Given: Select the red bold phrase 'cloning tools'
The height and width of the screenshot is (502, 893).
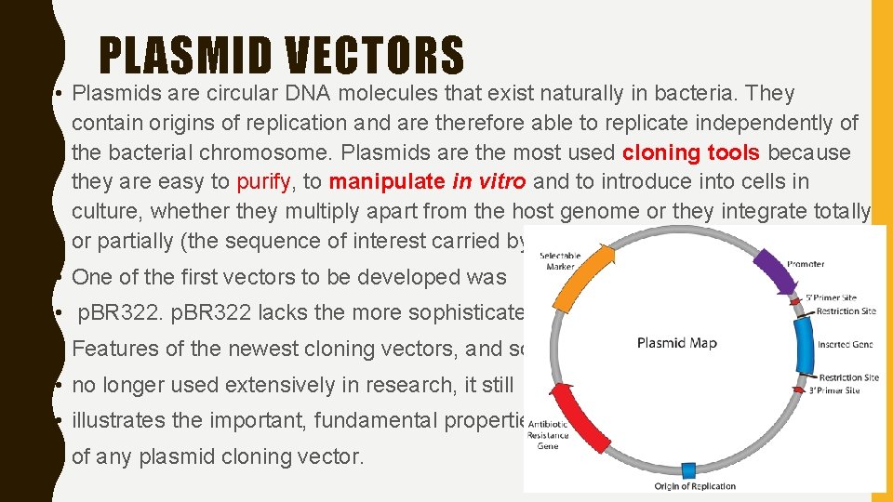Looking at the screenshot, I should click(690, 152).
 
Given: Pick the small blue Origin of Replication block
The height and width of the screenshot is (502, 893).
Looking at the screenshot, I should click(689, 469).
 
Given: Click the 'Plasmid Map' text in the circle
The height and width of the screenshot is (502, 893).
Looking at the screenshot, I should click(676, 343).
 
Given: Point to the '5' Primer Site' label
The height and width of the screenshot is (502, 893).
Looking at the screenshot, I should click(831, 298).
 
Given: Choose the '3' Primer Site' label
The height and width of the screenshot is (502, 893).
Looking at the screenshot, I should click(833, 390).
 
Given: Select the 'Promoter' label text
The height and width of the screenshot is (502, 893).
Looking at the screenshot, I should click(805, 264).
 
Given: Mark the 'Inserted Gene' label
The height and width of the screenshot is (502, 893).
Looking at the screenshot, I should click(846, 344).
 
